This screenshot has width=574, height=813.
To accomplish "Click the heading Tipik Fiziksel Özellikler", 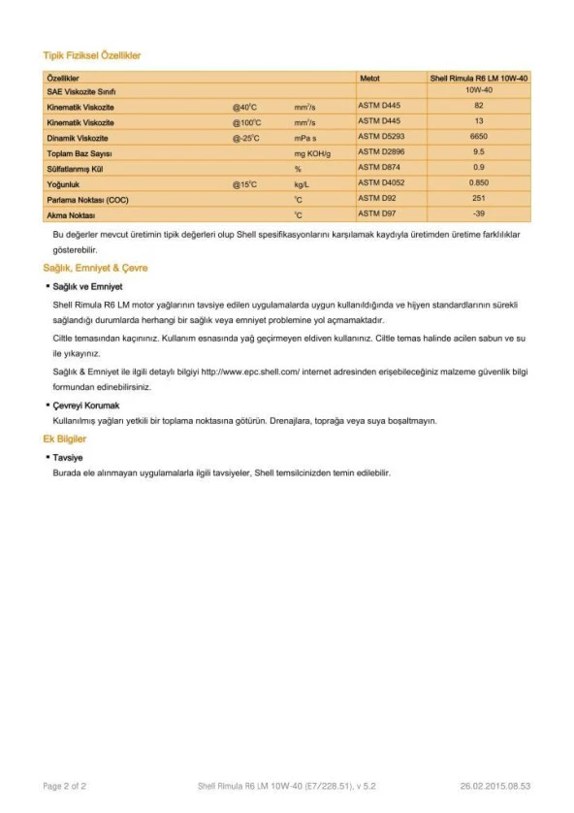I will (x=92, y=56).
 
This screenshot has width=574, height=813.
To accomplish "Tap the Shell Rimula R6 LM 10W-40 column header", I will (x=478, y=77).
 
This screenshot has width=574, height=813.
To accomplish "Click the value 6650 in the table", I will (x=478, y=137).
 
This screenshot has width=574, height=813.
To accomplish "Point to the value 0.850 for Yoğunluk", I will (x=478, y=182).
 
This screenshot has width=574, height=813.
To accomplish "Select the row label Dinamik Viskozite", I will (x=77, y=138).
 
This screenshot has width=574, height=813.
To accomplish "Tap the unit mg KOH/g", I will (x=312, y=153).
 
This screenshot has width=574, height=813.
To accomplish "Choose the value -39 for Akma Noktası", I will (x=478, y=212).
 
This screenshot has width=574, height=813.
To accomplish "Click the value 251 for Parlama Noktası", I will (x=478, y=198).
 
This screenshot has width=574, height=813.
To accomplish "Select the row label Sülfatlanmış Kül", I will (x=75, y=168).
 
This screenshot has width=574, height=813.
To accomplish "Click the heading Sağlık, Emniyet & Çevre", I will (x=95, y=268).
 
